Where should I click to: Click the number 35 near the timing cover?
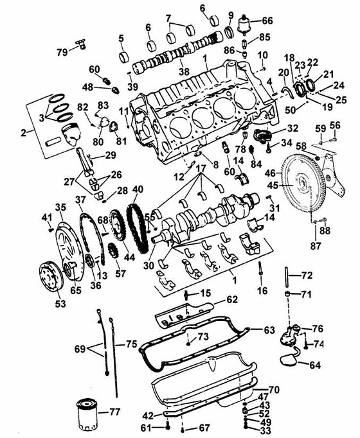pyautogui.click(x=61, y=207)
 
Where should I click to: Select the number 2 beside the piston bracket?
pyautogui.click(x=23, y=132)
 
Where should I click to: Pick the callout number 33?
pyautogui.click(x=264, y=431)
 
